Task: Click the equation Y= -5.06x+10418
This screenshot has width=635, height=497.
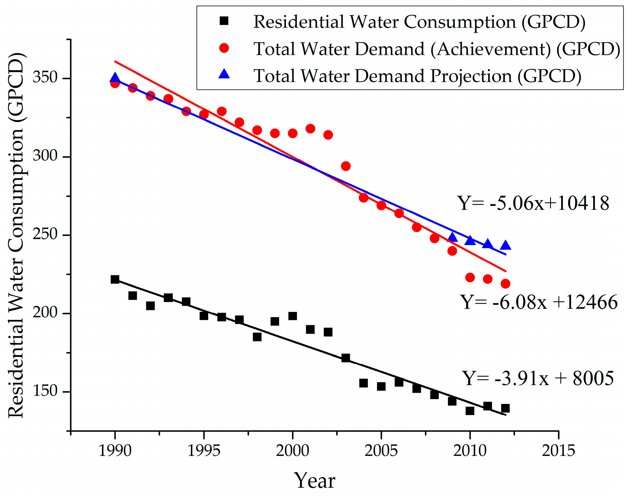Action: [x=533, y=203]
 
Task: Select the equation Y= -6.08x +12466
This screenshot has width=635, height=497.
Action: [x=539, y=302]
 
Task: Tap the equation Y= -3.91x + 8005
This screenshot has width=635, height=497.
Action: [x=538, y=378]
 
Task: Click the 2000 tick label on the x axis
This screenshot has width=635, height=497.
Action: [x=293, y=450]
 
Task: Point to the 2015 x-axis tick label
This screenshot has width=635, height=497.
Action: [x=558, y=450]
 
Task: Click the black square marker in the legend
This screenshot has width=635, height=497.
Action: [x=224, y=21]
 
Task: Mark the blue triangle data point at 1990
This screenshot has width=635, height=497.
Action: [x=115, y=77]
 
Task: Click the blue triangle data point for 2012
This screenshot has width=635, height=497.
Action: [x=505, y=245]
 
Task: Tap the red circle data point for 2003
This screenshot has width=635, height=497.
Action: [x=346, y=166]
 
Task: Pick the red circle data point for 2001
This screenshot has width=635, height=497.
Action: [x=310, y=129]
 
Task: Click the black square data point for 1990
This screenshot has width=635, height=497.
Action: [x=115, y=279]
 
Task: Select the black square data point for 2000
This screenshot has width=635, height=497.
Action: [x=293, y=316]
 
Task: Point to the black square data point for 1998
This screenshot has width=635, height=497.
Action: [x=257, y=337]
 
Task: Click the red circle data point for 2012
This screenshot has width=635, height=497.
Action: [x=505, y=283]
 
